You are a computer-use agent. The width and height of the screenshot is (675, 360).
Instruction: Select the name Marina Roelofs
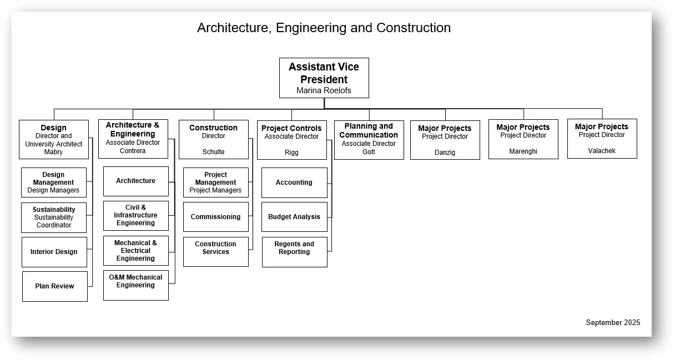coord(324,90)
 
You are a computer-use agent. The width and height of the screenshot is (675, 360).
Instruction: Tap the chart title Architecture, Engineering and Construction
coord(324,28)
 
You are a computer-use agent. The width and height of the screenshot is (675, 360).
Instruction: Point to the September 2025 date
coord(613,322)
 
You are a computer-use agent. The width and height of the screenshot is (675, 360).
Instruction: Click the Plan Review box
coord(54,286)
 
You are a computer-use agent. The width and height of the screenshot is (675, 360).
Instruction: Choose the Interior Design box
coord(54,252)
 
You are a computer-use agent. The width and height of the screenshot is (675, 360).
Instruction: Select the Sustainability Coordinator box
coord(54,217)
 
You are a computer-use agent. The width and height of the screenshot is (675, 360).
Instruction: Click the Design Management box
coord(53,182)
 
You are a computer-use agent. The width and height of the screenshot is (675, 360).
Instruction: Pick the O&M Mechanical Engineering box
coord(135,285)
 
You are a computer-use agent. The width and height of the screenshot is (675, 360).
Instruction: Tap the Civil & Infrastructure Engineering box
coord(135,215)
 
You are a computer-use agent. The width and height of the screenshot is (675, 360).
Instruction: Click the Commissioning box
coord(215,217)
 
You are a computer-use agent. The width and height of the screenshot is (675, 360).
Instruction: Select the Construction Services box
coord(215,251)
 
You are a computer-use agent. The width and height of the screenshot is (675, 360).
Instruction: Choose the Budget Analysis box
coord(294,217)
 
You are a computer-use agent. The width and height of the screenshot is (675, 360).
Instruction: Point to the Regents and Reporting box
coord(294,251)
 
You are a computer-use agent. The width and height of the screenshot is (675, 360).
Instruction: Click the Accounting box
coord(294,182)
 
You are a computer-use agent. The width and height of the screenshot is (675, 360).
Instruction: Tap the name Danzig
coord(445,153)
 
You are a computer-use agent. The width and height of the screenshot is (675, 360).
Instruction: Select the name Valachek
coord(602,151)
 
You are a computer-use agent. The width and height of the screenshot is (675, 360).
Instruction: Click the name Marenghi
coord(523,151)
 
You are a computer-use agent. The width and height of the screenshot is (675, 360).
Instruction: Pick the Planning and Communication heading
coord(369,130)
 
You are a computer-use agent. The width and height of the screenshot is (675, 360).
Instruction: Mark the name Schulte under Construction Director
coord(213,152)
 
